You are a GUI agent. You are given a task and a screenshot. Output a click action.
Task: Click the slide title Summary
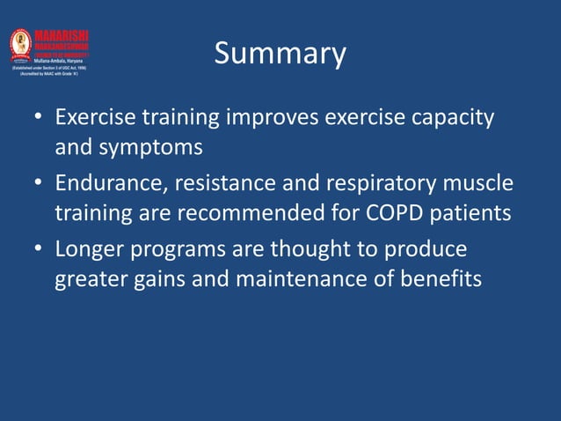280,54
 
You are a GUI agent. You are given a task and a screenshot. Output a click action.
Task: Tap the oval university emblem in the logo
20,43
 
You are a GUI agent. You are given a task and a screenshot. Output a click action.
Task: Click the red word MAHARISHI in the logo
61,35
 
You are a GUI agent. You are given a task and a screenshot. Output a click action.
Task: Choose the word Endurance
110,184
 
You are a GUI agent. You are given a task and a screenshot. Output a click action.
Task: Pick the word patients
476,214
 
